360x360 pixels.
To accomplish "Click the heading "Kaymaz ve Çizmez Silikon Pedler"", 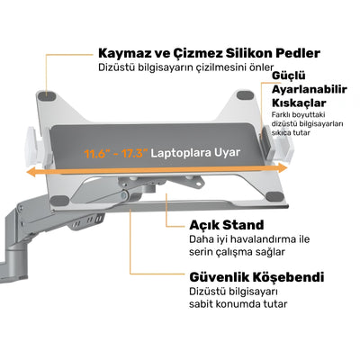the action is pos(209,53).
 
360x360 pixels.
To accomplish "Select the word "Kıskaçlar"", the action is pos(299,103).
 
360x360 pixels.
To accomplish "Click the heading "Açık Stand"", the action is pos(227,225).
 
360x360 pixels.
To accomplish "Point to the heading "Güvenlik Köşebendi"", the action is pos(256,277).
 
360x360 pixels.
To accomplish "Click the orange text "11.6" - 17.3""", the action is pos(116,154).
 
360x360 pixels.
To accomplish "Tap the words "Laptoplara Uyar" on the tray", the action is pos(195,153).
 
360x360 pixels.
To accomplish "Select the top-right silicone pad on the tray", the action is pos(245,95).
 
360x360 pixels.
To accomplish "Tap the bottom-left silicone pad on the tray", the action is pos(59,201).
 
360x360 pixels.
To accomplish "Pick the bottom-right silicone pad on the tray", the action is pos(275,197).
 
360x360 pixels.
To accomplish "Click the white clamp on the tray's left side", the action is pos(35,146).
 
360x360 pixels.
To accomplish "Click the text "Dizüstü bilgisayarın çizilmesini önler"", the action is pos(186,67).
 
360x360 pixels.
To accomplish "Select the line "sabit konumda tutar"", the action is pos(238,304).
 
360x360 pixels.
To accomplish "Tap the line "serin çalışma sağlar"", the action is pos(237,252).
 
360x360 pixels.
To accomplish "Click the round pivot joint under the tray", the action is pos(123,196).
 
